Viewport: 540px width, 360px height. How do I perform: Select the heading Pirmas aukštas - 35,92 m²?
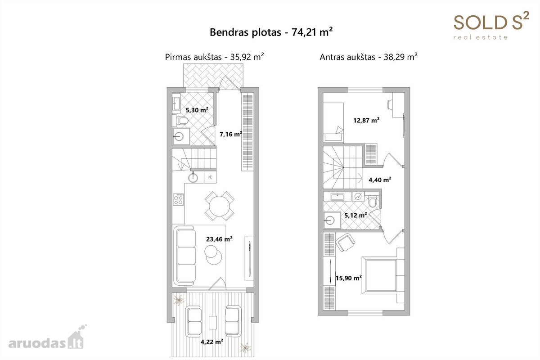coord(214,57)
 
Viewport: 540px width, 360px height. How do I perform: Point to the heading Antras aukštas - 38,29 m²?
coord(369,57)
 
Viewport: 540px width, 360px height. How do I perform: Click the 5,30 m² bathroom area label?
coord(197,110)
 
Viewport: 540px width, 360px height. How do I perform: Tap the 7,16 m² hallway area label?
coord(231,134)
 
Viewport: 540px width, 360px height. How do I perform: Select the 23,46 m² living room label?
coord(219,239)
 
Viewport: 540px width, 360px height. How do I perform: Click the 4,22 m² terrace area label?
coord(212,342)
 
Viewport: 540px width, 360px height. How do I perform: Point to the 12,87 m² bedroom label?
coord(366,120)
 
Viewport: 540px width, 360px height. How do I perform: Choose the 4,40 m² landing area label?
coord(380,180)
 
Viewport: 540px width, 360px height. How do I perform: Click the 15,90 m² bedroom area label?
coord(349,278)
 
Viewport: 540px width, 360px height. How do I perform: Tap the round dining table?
coord(220,206)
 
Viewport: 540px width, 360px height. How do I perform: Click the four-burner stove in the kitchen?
coord(178,199)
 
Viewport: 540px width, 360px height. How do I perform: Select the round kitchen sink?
coord(193,178)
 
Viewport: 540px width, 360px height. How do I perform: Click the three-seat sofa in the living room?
coord(185,256)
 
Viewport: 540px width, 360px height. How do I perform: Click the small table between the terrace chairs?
coord(213,322)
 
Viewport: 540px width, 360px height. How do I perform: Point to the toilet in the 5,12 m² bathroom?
coord(373,202)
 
